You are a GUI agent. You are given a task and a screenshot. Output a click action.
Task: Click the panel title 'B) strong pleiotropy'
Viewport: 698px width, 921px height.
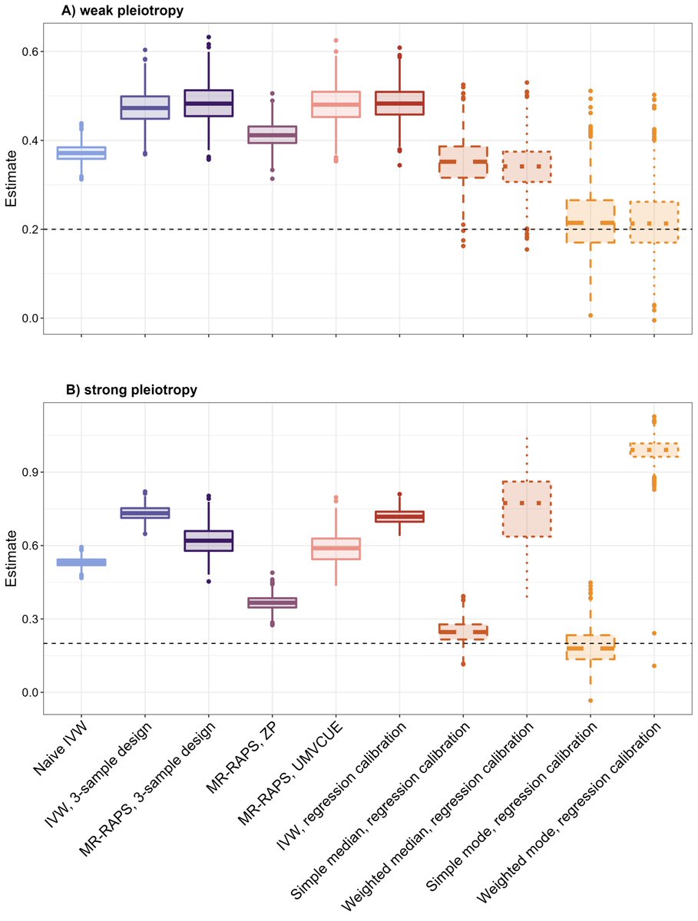tap(131, 390)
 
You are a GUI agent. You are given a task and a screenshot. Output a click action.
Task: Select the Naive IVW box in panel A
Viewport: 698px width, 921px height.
tap(81, 153)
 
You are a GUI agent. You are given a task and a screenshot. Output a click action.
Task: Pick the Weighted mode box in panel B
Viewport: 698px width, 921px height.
tap(653, 450)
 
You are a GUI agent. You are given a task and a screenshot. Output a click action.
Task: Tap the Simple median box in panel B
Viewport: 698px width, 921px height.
tap(462, 632)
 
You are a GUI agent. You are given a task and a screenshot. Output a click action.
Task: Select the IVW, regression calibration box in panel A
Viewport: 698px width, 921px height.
tap(399, 103)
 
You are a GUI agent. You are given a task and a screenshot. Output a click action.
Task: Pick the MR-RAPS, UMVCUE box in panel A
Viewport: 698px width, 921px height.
tap(336, 104)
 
